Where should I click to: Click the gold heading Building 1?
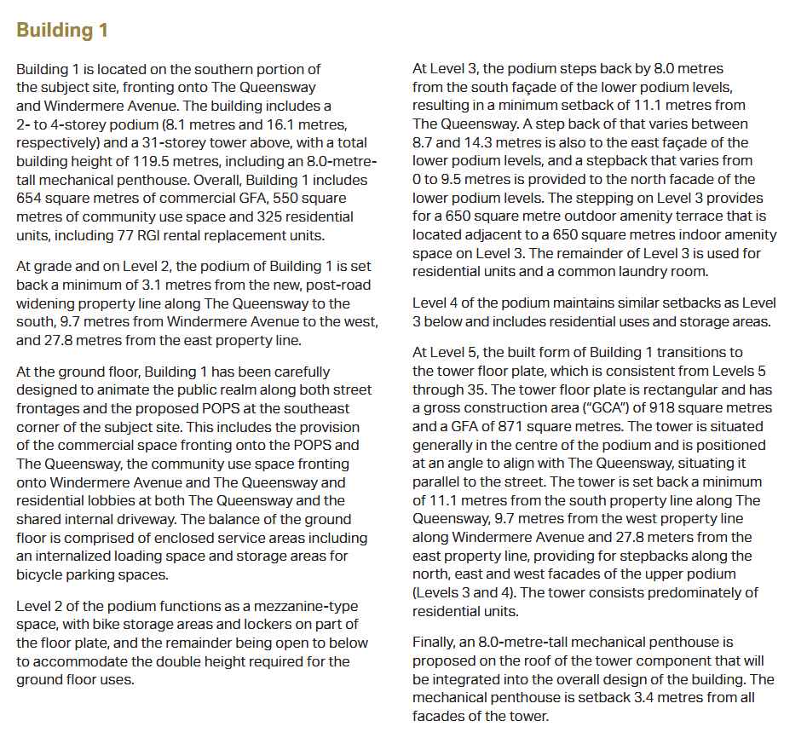coord(62,30)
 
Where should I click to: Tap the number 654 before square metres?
coord(32,198)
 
